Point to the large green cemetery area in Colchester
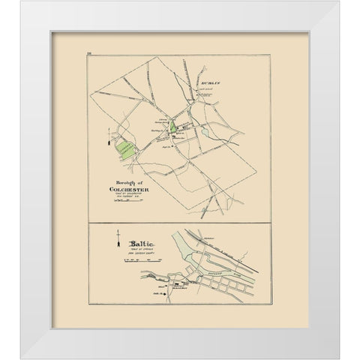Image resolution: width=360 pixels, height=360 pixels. pos(124,151)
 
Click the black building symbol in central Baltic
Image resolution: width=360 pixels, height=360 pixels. pos(177,284)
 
